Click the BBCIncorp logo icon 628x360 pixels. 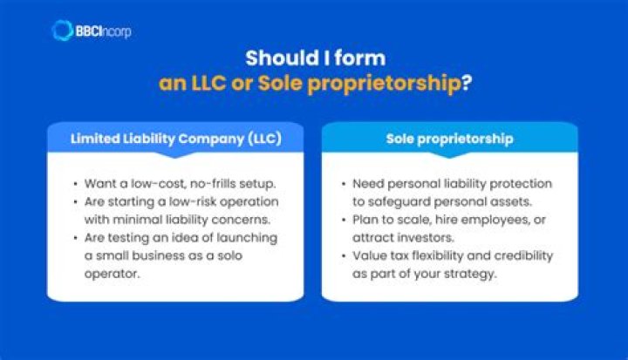click(x=63, y=31)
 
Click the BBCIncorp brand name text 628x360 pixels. click(x=104, y=31)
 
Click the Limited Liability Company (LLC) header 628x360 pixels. click(x=175, y=139)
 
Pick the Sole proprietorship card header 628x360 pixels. click(x=449, y=139)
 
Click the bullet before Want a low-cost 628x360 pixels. click(x=74, y=184)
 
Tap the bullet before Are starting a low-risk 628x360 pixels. click(x=74, y=202)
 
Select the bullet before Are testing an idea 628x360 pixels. click(x=74, y=238)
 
